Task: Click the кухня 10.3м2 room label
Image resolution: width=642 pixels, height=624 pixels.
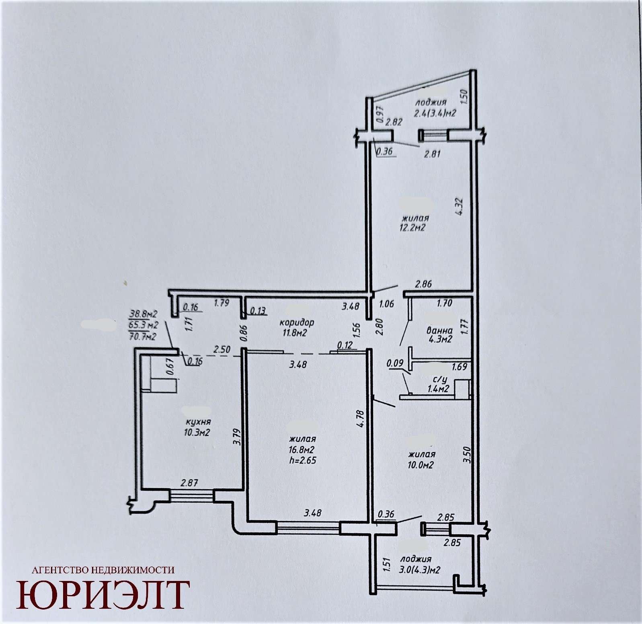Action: (198, 427)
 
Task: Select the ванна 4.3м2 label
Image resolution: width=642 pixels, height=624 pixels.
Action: (439, 335)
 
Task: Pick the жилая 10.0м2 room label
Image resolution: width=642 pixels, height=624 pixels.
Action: (421, 460)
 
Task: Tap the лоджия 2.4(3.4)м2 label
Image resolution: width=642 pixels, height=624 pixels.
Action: (435, 108)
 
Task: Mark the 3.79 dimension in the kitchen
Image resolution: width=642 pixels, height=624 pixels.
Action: (237, 437)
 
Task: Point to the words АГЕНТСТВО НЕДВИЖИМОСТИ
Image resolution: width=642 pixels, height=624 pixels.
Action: (103, 570)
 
